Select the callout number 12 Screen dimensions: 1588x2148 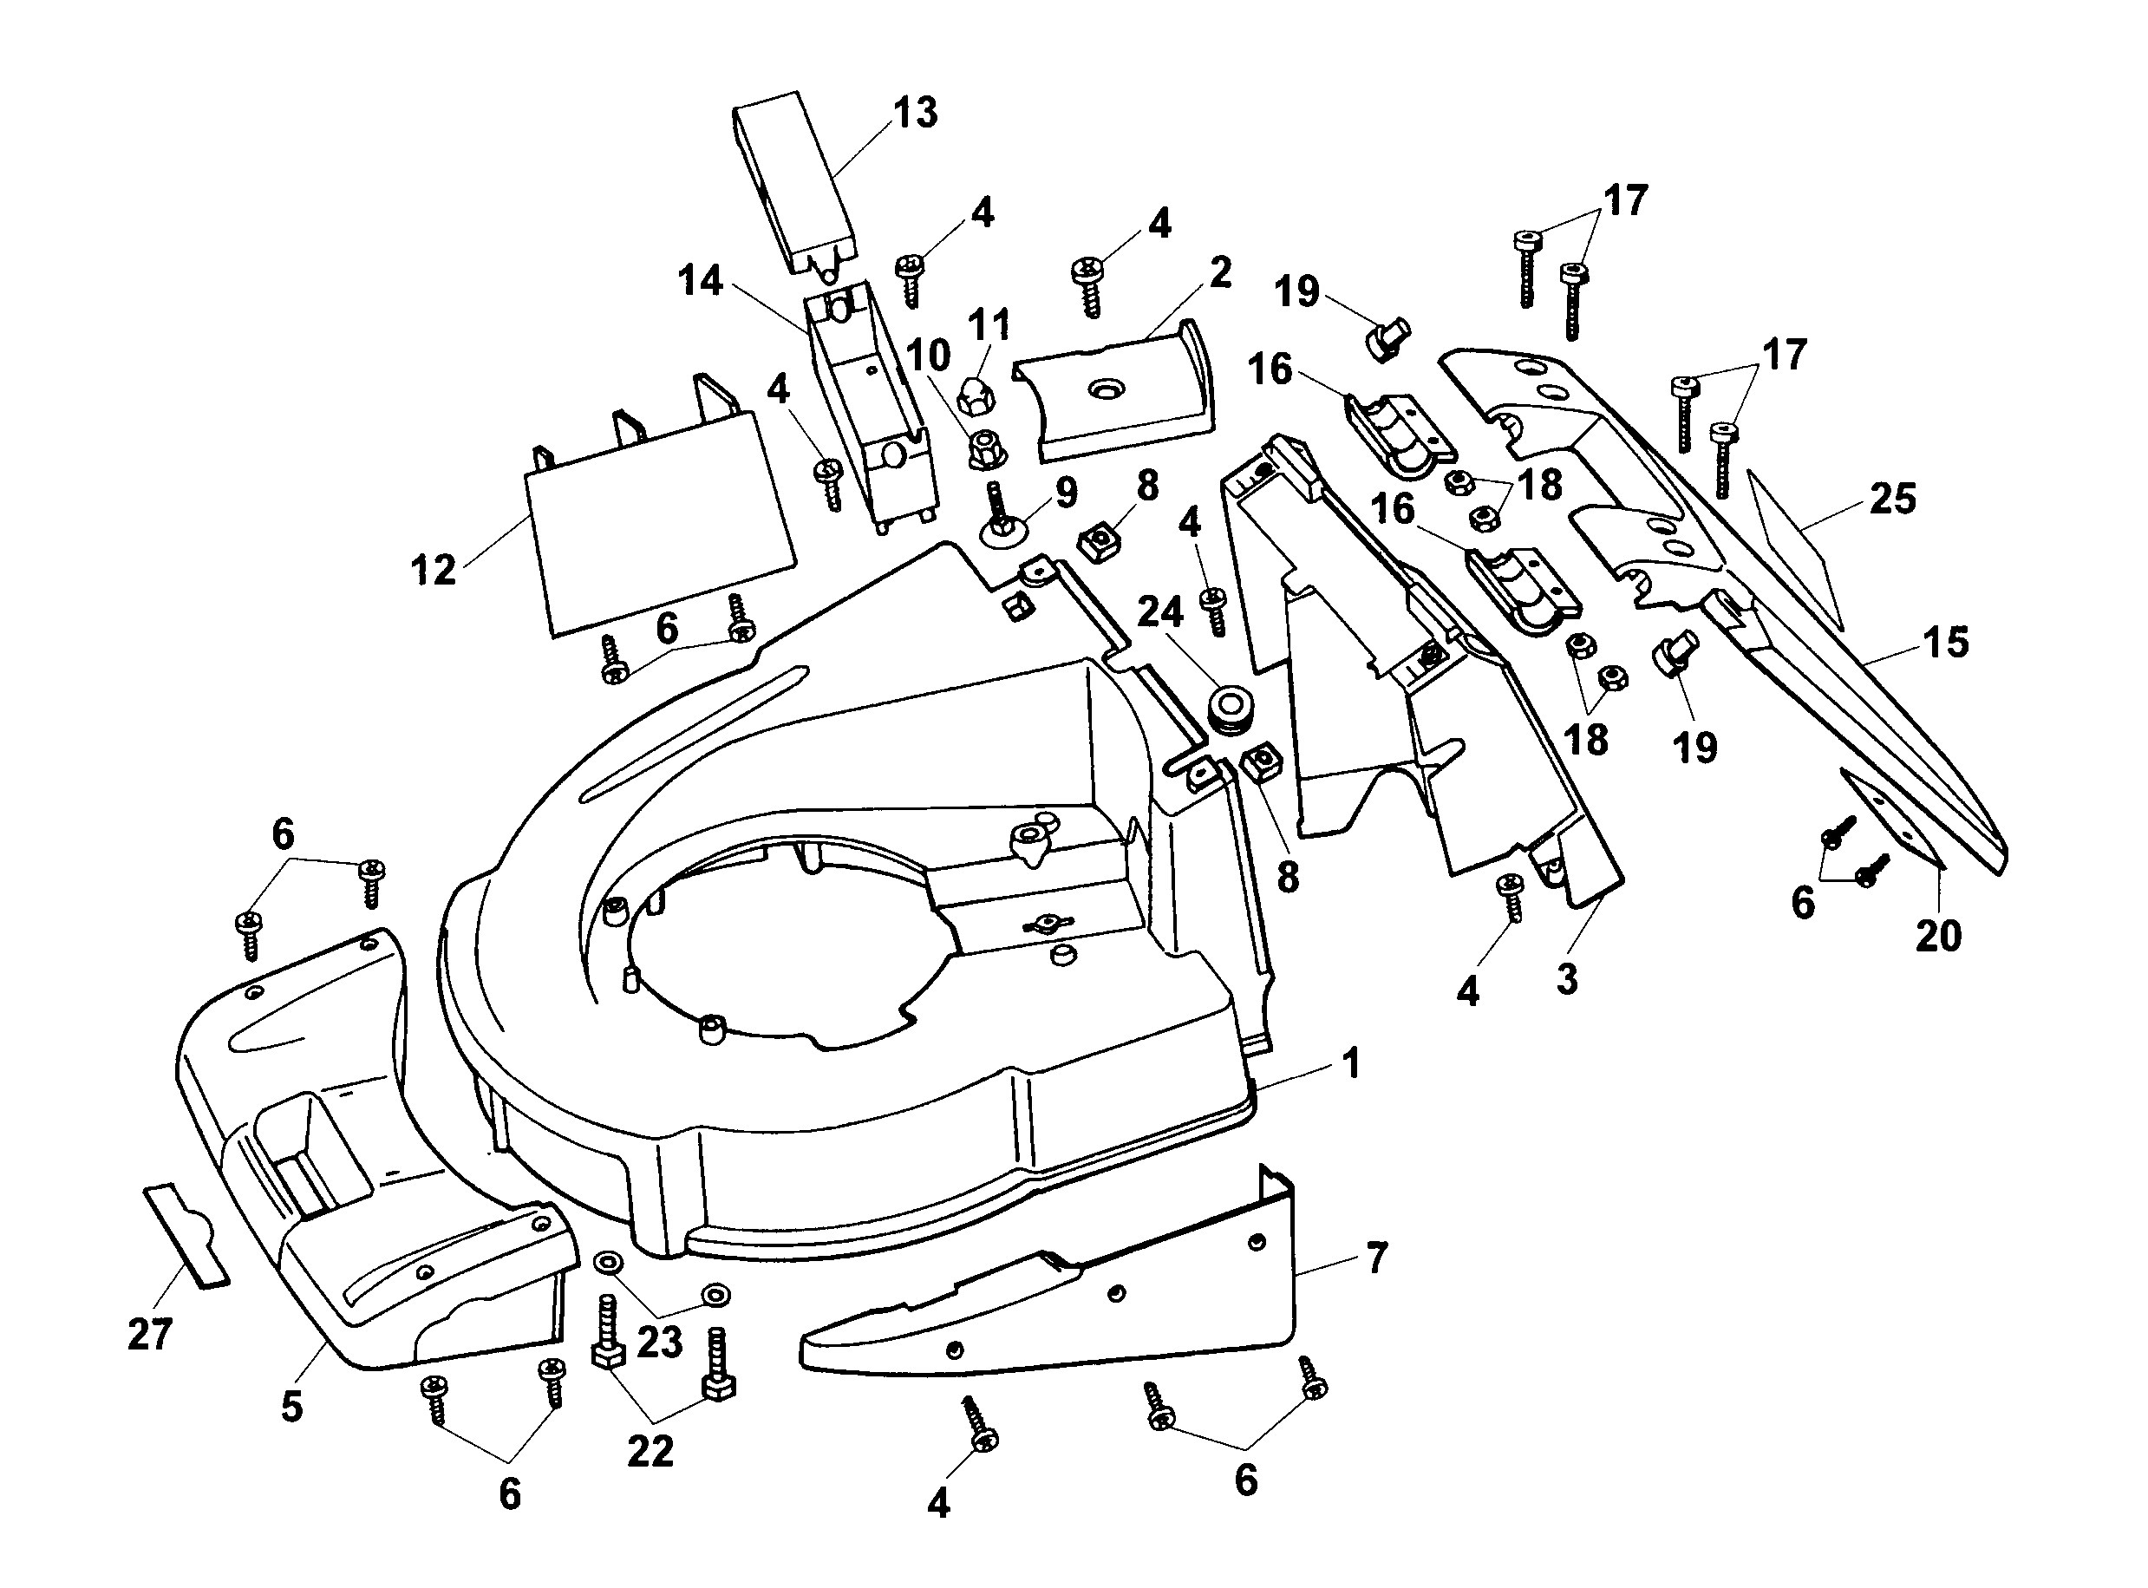[x=433, y=570]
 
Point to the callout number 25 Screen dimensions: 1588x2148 [x=1892, y=499]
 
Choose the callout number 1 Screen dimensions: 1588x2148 [x=1351, y=1064]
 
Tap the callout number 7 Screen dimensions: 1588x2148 [x=1376, y=1258]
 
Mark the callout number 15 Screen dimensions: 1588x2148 [x=1946, y=642]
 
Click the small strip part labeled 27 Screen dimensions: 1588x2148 [x=187, y=1235]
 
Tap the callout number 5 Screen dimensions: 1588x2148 [x=292, y=1407]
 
